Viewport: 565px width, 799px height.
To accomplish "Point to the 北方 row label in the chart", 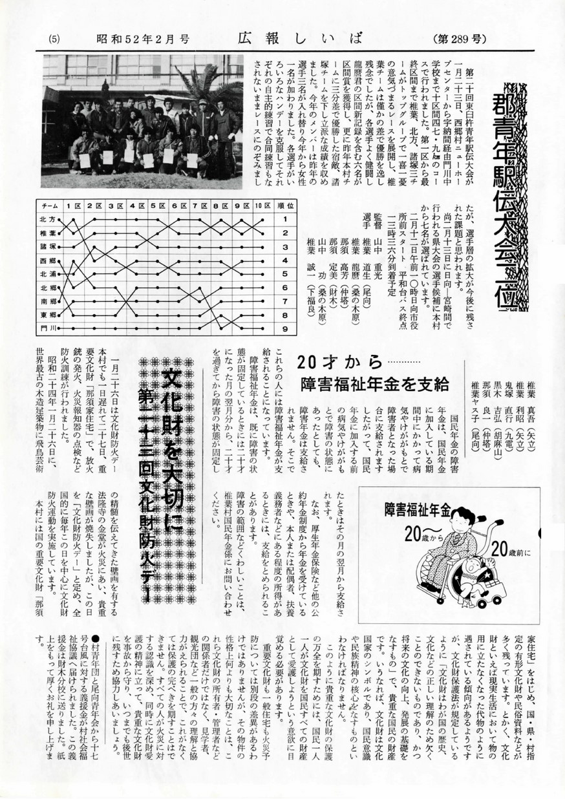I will point(47,218).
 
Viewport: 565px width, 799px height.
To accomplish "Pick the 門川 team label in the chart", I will point(47,328).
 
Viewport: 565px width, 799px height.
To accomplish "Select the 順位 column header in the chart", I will point(284,205).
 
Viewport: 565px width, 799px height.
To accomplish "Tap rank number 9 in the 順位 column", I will point(284,328).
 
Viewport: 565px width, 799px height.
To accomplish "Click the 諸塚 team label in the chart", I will point(47,246).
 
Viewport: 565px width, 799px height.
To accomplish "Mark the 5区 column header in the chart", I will point(156,205).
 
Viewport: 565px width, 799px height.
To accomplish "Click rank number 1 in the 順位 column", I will point(284,218).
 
